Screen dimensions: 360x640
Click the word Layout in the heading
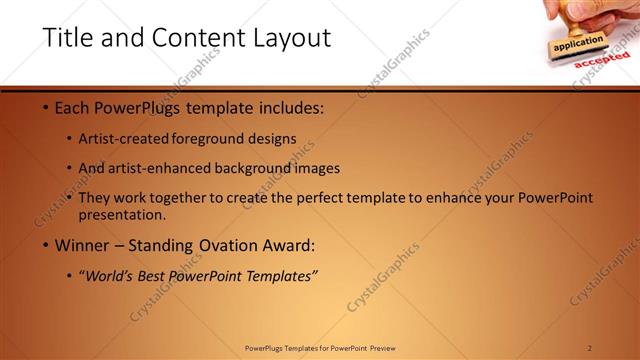(x=292, y=38)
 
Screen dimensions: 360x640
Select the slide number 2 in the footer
(x=589, y=348)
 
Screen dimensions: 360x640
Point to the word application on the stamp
(x=579, y=44)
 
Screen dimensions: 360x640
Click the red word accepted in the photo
(x=602, y=60)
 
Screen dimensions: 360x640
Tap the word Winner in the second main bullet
(x=83, y=245)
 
